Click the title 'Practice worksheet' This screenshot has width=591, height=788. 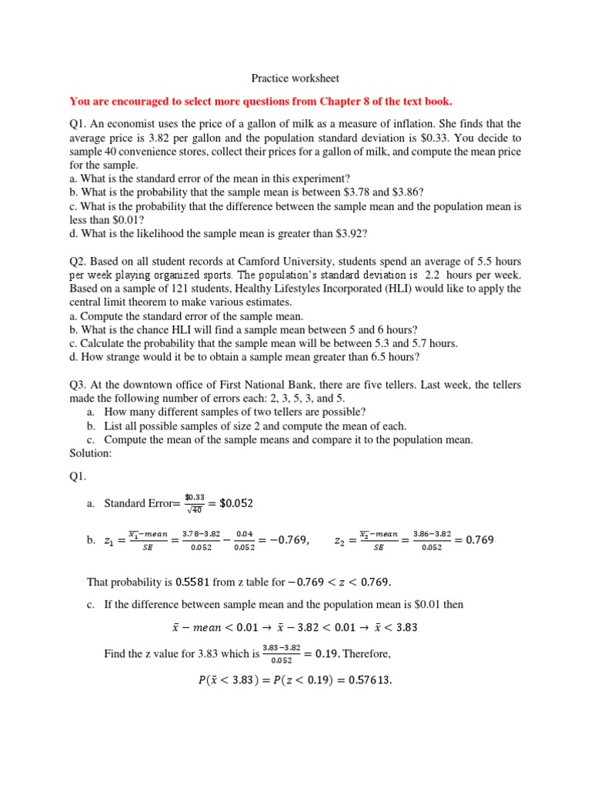[x=295, y=78]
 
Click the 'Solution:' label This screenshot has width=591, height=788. [x=91, y=454]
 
